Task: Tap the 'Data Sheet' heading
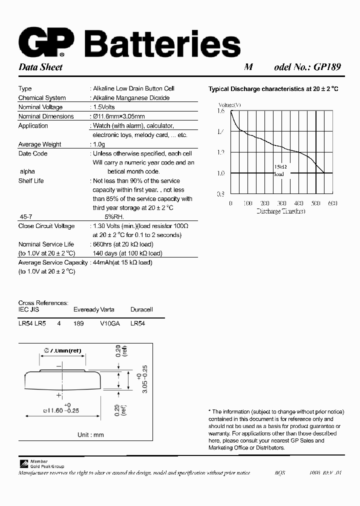[x=40, y=67]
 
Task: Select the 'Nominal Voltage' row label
[x=40, y=107]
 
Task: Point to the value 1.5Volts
[x=104, y=107]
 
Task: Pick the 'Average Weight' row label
[x=39, y=144]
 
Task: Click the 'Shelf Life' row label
[x=31, y=181]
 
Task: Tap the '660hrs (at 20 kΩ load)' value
[x=123, y=244]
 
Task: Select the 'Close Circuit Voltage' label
[x=46, y=226]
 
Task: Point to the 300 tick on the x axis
[x=281, y=203]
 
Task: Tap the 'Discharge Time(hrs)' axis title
[x=281, y=211]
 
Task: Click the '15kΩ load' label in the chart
[x=279, y=170]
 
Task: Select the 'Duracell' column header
[x=141, y=310]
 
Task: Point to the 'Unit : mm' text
[x=90, y=435]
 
